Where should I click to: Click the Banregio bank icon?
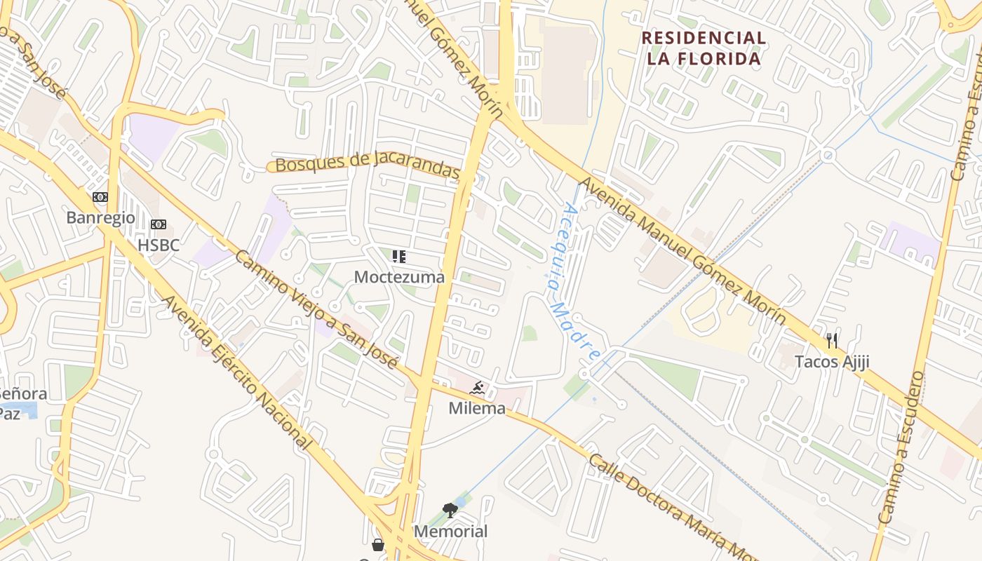100,197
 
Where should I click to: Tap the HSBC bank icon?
159,224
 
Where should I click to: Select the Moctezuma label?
399,277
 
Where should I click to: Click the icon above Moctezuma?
399,257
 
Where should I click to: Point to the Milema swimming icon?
478,388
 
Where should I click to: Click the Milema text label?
477,408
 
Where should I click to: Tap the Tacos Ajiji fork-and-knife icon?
832,342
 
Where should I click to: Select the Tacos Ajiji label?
832,362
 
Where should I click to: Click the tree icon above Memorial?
450,511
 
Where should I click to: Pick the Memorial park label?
450,532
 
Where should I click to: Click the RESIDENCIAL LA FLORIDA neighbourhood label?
704,48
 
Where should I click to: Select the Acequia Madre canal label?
573,280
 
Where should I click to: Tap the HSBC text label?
159,245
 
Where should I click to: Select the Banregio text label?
100,217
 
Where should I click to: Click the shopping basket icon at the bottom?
378,545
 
